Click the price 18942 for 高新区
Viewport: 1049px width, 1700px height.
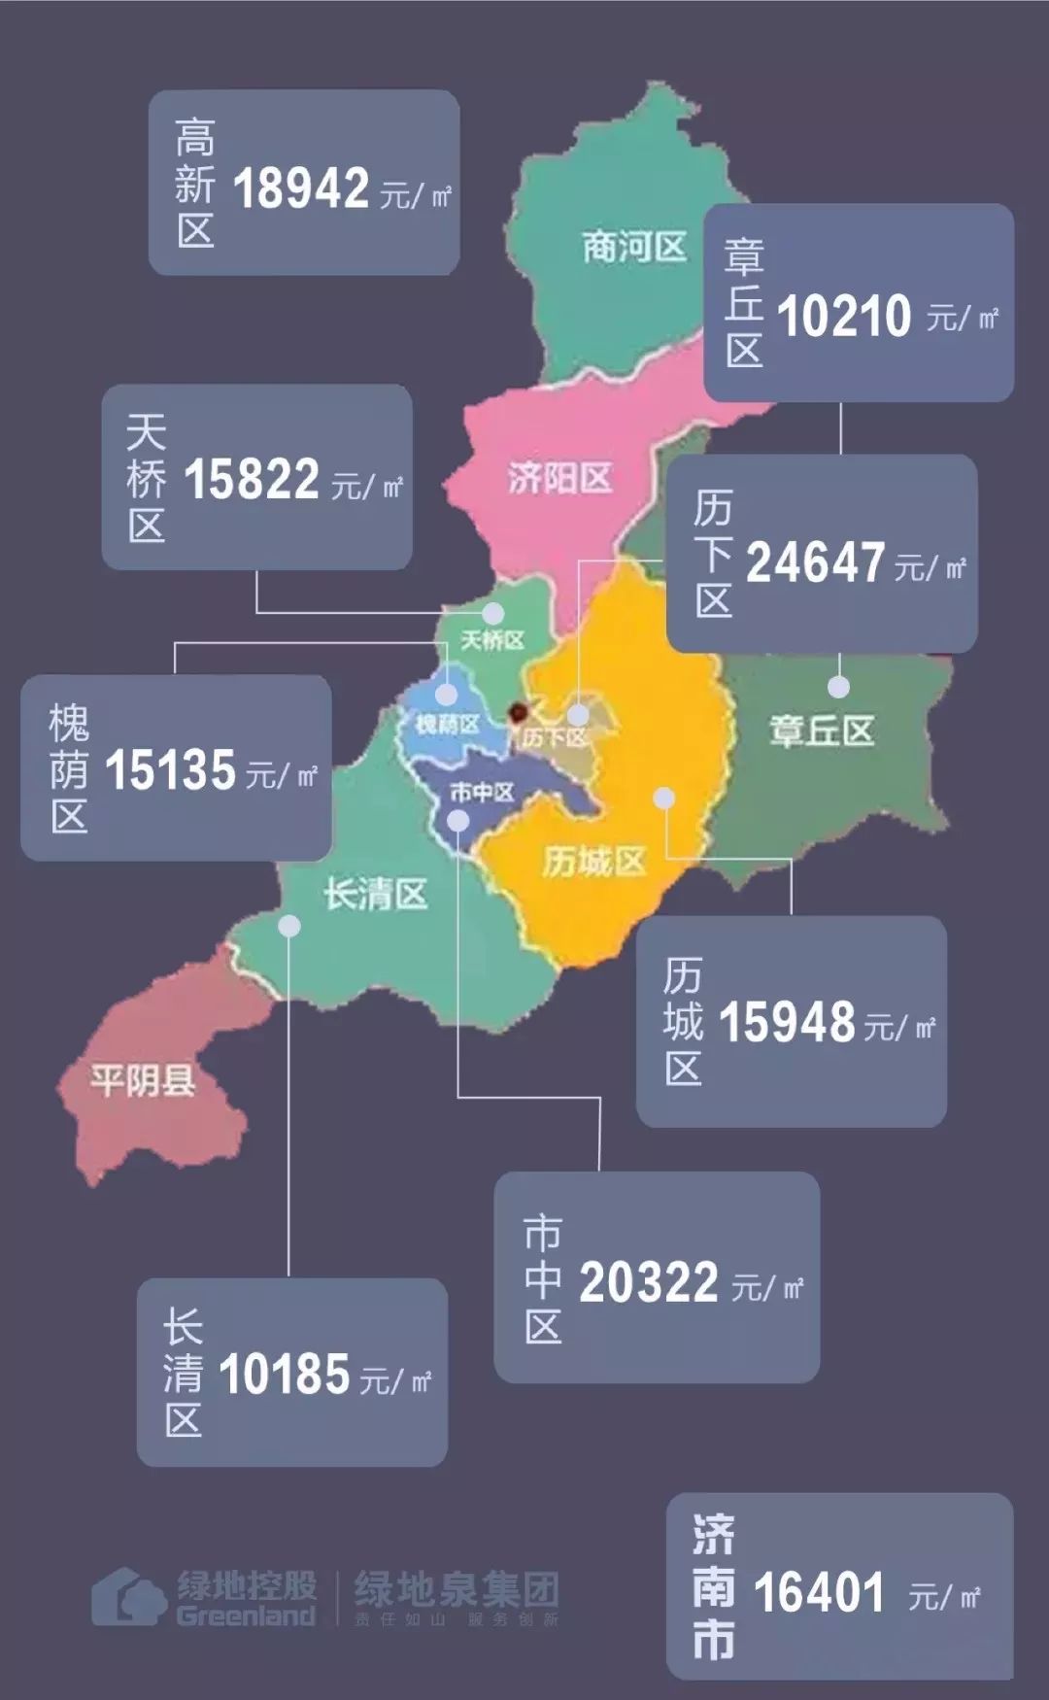pos(300,188)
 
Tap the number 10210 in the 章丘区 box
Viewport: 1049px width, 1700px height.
pos(844,317)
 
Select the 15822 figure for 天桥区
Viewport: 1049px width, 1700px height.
pos(252,479)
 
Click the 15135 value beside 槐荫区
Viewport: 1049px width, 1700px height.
pos(170,770)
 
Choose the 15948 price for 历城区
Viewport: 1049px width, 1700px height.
pos(787,1022)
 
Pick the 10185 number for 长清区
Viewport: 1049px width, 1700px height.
pos(284,1375)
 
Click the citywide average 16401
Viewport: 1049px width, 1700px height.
pos(819,1592)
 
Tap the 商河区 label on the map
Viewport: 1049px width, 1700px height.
pos(634,247)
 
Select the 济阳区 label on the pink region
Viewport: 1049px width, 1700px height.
pos(559,478)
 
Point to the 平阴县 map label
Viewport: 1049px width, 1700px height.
pos(143,1079)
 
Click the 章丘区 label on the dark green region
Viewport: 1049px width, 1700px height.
pos(822,731)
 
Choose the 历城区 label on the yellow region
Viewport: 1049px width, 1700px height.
pos(593,861)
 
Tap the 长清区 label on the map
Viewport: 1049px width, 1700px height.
pos(376,894)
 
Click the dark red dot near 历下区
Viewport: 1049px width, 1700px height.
pos(519,713)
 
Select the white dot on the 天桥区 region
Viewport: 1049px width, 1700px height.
pos(493,613)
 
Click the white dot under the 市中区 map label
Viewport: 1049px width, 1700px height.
pos(458,822)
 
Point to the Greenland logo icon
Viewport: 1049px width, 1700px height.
pos(128,1596)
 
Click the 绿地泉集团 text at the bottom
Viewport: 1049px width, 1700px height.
pos(456,1589)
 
